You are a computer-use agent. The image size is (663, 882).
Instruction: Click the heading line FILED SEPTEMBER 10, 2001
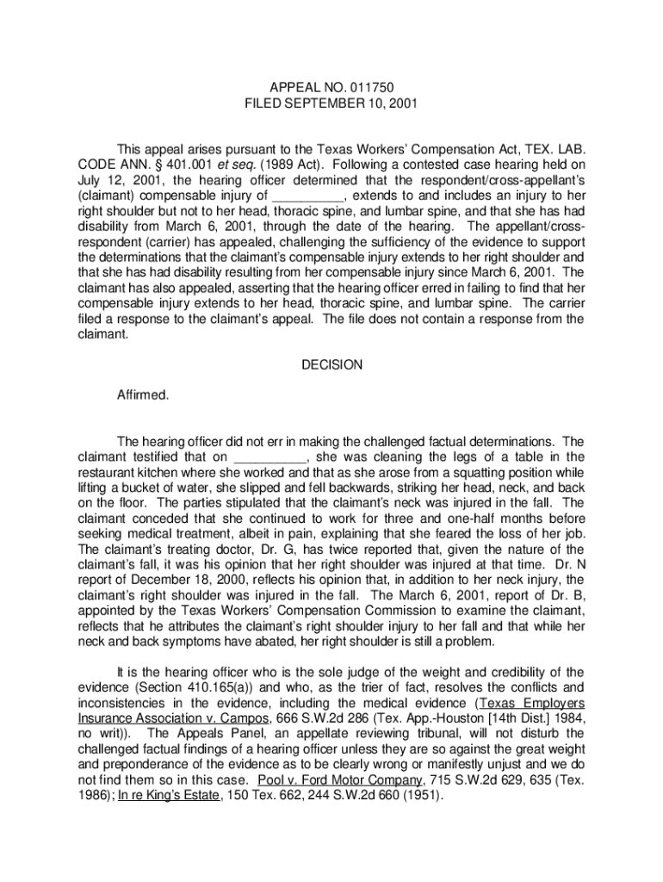pyautogui.click(x=331, y=103)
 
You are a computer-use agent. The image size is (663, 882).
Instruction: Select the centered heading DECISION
pyautogui.click(x=331, y=365)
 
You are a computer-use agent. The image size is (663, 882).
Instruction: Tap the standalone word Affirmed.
pyautogui.click(x=143, y=395)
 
